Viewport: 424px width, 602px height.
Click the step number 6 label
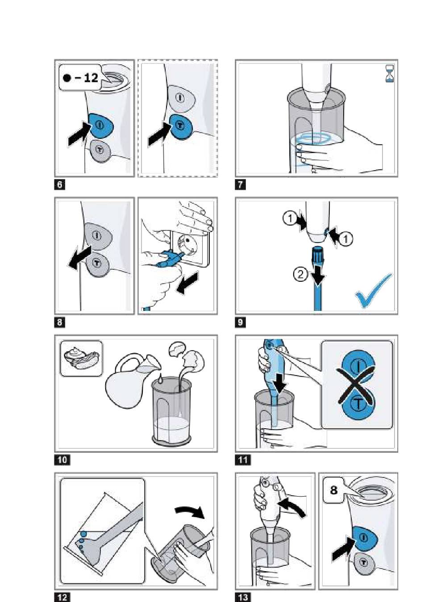click(x=59, y=185)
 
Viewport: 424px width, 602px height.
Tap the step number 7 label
click(x=240, y=185)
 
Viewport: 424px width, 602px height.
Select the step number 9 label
click(x=240, y=322)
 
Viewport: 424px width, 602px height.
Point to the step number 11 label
click(x=243, y=460)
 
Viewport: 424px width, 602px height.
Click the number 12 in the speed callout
click(x=91, y=78)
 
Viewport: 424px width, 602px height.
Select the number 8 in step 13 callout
click(x=333, y=489)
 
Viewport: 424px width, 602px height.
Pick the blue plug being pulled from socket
click(x=168, y=258)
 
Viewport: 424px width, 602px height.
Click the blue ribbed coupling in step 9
click(x=317, y=254)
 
